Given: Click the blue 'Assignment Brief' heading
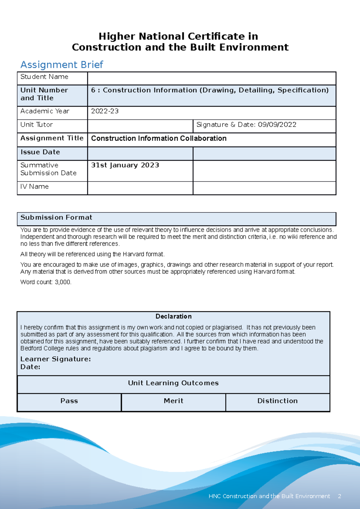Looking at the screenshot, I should pyautogui.click(x=61, y=64).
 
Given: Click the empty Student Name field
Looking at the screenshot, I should pyautogui.click(x=211, y=78).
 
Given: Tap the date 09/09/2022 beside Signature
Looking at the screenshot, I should pyautogui.click(x=277, y=125).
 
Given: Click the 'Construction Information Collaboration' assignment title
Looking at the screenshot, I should pyautogui.click(x=159, y=139).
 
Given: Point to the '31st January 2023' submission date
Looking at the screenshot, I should pyautogui.click(x=125, y=165).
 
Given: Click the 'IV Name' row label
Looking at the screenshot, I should pyautogui.click(x=34, y=187).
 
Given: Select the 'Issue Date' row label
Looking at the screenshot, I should pyautogui.click(x=40, y=152).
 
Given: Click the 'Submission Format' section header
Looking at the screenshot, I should pyautogui.click(x=56, y=217).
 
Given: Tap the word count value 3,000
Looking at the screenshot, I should pyautogui.click(x=63, y=282).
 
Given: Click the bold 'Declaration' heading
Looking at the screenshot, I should pyautogui.click(x=173, y=316).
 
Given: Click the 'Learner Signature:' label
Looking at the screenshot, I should pyautogui.click(x=55, y=359).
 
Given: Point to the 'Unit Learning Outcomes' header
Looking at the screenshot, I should pyautogui.click(x=173, y=383).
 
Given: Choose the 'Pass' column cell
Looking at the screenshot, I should pyautogui.click(x=69, y=401).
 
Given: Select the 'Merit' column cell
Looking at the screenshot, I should pyautogui.click(x=173, y=401).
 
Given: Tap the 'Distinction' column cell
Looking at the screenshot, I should pyautogui.click(x=277, y=401).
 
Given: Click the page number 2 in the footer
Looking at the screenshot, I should pyautogui.click(x=339, y=496).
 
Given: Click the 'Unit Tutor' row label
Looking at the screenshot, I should pyautogui.click(x=36, y=125).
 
